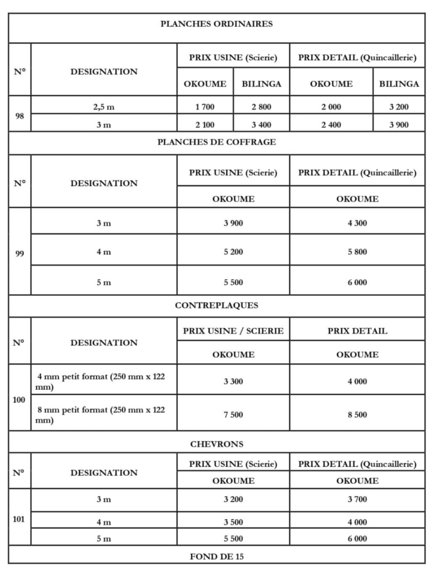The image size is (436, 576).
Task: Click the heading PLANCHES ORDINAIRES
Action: click(x=216, y=24)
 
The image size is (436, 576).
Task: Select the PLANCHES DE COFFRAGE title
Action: click(x=216, y=142)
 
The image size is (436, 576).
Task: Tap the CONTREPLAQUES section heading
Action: click(x=216, y=305)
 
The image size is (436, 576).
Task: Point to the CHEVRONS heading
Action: click(x=216, y=444)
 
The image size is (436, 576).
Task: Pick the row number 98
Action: click(x=20, y=115)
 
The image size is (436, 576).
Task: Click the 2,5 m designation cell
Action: click(x=103, y=106)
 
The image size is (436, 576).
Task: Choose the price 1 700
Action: click(x=205, y=106)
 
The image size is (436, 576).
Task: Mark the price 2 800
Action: click(x=261, y=106)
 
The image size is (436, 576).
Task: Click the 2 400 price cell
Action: click(x=331, y=125)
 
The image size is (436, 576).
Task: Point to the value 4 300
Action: click(x=357, y=223)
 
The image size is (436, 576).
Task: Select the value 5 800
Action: click(x=357, y=251)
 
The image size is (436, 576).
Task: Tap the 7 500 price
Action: click(x=233, y=415)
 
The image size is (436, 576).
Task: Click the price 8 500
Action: click(x=357, y=415)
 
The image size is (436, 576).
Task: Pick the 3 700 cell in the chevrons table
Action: click(x=357, y=499)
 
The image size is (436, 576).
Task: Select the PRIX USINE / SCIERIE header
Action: click(x=233, y=331)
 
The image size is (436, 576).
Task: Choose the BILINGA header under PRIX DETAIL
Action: click(x=399, y=84)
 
